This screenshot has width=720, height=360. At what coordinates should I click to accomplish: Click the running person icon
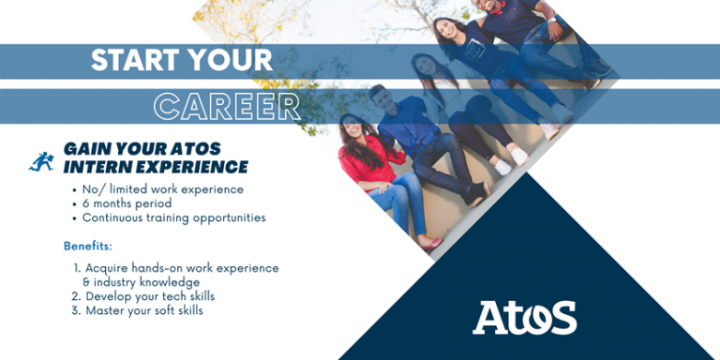[41, 161]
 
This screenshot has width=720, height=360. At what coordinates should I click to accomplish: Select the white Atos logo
[524, 318]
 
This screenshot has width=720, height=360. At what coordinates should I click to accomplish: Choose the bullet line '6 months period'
[127, 203]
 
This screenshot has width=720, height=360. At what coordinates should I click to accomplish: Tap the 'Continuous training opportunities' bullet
[173, 217]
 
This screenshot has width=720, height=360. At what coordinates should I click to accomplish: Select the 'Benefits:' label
[88, 246]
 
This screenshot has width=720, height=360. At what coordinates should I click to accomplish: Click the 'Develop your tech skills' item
[157, 296]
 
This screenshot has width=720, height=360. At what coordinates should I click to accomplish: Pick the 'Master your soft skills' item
[143, 310]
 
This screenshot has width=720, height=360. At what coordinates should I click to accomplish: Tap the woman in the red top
[370, 164]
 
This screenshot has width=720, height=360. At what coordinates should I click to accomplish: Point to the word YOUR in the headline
[230, 61]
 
